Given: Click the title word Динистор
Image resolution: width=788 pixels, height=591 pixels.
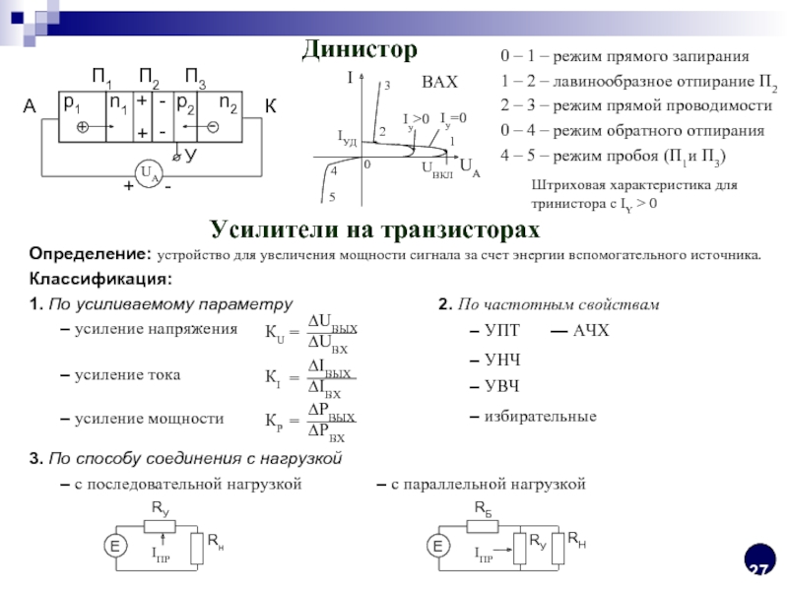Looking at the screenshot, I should tap(359, 48).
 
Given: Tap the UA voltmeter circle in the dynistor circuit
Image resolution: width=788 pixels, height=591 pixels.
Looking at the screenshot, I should tap(148, 174).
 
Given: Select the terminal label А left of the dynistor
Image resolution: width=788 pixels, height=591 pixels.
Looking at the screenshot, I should tap(30, 107).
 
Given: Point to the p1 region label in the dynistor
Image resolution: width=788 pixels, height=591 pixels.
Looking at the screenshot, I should tap(72, 102).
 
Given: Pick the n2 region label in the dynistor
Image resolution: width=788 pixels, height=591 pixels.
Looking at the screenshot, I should tap(228, 102).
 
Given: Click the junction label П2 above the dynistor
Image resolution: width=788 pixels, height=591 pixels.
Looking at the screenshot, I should tap(150, 77).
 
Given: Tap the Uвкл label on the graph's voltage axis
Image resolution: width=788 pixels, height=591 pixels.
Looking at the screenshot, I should tap(436, 168).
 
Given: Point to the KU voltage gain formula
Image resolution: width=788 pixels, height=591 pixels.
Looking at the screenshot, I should tap(311, 333).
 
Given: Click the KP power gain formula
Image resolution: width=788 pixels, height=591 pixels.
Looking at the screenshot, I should tap(311, 421).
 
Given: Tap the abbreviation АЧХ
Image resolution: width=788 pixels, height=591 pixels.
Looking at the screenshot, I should tap(591, 329).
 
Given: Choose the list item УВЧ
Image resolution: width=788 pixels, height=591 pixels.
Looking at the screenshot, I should tap(501, 385).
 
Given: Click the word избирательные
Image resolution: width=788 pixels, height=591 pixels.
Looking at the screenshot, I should tap(540, 417).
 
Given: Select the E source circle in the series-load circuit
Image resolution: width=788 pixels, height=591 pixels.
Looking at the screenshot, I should tap(115, 547).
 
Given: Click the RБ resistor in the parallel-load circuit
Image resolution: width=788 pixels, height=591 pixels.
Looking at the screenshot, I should tap(483, 524).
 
